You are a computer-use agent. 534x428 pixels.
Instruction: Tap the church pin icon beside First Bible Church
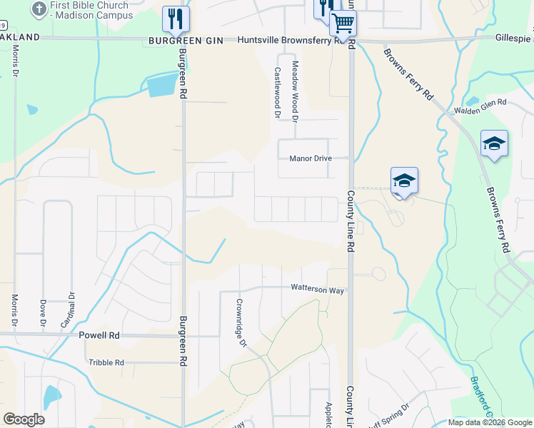coord(39,9)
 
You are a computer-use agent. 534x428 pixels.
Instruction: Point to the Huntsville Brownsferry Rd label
coord(288,41)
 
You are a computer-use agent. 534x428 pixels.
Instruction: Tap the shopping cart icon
coord(343,24)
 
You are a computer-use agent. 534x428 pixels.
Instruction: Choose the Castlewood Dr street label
coord(277,88)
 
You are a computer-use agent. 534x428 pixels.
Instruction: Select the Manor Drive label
coord(311,158)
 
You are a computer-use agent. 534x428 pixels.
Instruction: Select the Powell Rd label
coord(99,335)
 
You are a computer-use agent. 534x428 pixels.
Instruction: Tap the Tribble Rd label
coord(106,362)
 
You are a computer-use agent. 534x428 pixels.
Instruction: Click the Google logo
coord(24,419)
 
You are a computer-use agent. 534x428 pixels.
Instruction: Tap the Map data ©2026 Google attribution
coord(490,422)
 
